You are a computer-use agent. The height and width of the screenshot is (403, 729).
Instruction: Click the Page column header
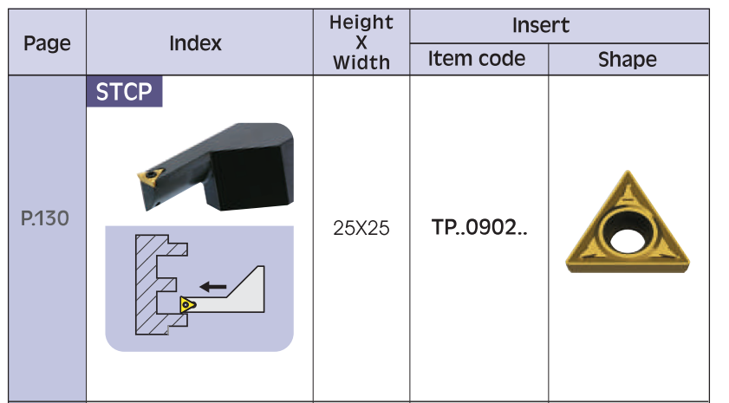47,43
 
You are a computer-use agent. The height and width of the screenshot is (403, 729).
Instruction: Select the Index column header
195,43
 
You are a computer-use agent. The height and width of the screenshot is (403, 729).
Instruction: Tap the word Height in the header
361,23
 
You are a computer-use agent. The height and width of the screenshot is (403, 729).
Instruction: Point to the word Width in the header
361,62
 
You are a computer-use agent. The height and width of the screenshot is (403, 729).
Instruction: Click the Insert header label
541,25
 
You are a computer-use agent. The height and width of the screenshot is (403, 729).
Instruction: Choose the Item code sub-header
477,59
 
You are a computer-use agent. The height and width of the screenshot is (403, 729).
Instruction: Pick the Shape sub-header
627,60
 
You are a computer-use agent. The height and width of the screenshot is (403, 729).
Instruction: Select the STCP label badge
123,93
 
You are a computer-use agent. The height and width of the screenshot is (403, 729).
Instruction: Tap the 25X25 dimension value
361,229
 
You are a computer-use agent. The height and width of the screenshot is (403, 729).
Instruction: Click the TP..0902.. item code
479,228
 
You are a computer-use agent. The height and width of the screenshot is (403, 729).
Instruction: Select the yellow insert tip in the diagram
186,304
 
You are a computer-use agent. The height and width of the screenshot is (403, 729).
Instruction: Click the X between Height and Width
361,42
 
